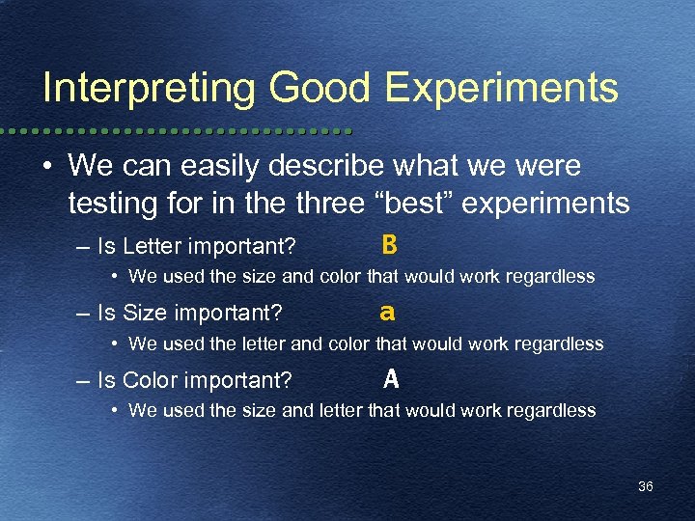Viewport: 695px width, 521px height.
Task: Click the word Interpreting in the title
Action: tap(150, 88)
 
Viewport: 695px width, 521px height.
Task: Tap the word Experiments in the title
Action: tap(501, 88)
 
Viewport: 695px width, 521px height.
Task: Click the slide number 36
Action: tap(646, 486)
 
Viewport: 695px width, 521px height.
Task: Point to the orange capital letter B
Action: tap(389, 246)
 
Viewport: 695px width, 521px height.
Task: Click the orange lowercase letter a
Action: tap(387, 313)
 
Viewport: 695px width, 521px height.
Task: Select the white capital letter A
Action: tap(391, 379)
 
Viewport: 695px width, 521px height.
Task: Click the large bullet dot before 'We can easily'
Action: tap(47, 166)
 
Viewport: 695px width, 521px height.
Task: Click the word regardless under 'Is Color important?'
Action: tap(552, 410)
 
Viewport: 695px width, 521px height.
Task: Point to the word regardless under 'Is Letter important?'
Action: tap(551, 277)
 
